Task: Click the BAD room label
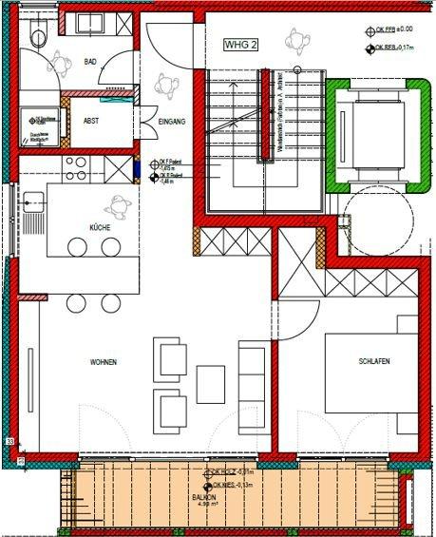pyautogui.click(x=91, y=61)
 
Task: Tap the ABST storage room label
pyautogui.click(x=92, y=122)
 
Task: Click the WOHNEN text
pyautogui.click(x=104, y=363)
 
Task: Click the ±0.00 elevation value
pyautogui.click(x=404, y=29)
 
